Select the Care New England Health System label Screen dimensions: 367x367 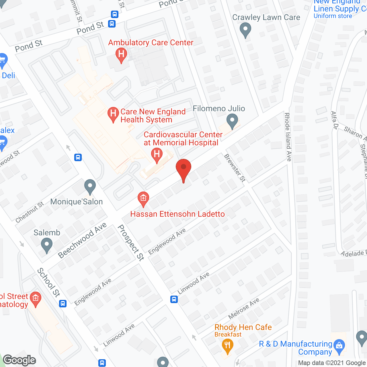tap(153, 116)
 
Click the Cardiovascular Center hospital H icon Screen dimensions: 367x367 tap(157, 155)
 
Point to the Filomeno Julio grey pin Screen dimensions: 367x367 tap(232, 121)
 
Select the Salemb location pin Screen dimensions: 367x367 tap(47, 245)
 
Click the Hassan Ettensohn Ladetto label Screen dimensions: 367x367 tap(177, 214)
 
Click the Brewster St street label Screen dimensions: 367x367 tap(235, 168)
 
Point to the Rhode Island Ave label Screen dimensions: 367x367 tap(288, 137)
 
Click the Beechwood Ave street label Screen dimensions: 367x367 tap(82, 240)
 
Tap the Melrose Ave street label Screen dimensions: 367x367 tap(244, 309)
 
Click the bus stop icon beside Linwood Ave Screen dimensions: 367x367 tap(174, 299)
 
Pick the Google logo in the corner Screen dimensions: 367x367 tap(19, 360)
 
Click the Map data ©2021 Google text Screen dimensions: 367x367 tap(332, 363)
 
